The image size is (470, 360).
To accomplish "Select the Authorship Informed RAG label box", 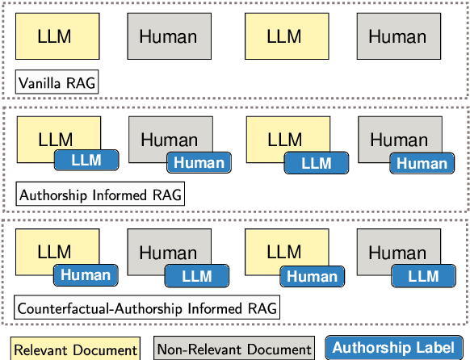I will [101, 195].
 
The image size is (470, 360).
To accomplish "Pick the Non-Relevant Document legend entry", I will [234, 349].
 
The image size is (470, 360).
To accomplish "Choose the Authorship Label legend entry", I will [394, 348].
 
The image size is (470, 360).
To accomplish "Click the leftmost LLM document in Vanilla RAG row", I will [57, 36].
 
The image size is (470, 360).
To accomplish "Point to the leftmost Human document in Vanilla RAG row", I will [169, 36].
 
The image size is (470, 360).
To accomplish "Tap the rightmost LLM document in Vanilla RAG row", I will [284, 36].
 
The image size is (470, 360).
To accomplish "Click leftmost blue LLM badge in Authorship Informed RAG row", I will [86, 160].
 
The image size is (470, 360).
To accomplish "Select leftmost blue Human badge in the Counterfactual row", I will [86, 274].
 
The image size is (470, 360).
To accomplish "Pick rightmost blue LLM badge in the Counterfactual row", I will [423, 277].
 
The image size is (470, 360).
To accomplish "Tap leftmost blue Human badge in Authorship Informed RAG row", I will [199, 162].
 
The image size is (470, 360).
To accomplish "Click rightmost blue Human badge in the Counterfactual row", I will [312, 277].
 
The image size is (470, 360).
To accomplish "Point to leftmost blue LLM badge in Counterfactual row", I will [197, 277].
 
